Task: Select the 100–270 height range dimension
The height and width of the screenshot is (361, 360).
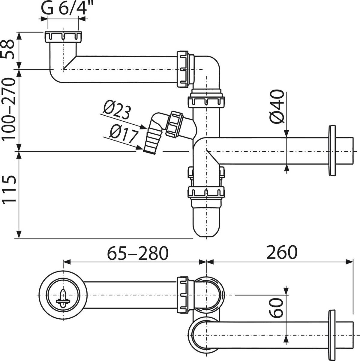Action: pyautogui.click(x=8, y=109)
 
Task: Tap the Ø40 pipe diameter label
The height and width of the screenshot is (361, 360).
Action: pyautogui.click(x=277, y=107)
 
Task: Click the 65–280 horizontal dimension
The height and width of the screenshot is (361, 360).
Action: pyautogui.click(x=138, y=253)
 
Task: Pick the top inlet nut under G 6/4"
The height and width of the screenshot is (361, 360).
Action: pyautogui.click(x=63, y=37)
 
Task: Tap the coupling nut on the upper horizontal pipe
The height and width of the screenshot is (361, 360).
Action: pyautogui.click(x=183, y=69)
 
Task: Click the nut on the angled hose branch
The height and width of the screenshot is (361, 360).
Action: pyautogui.click(x=175, y=124)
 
